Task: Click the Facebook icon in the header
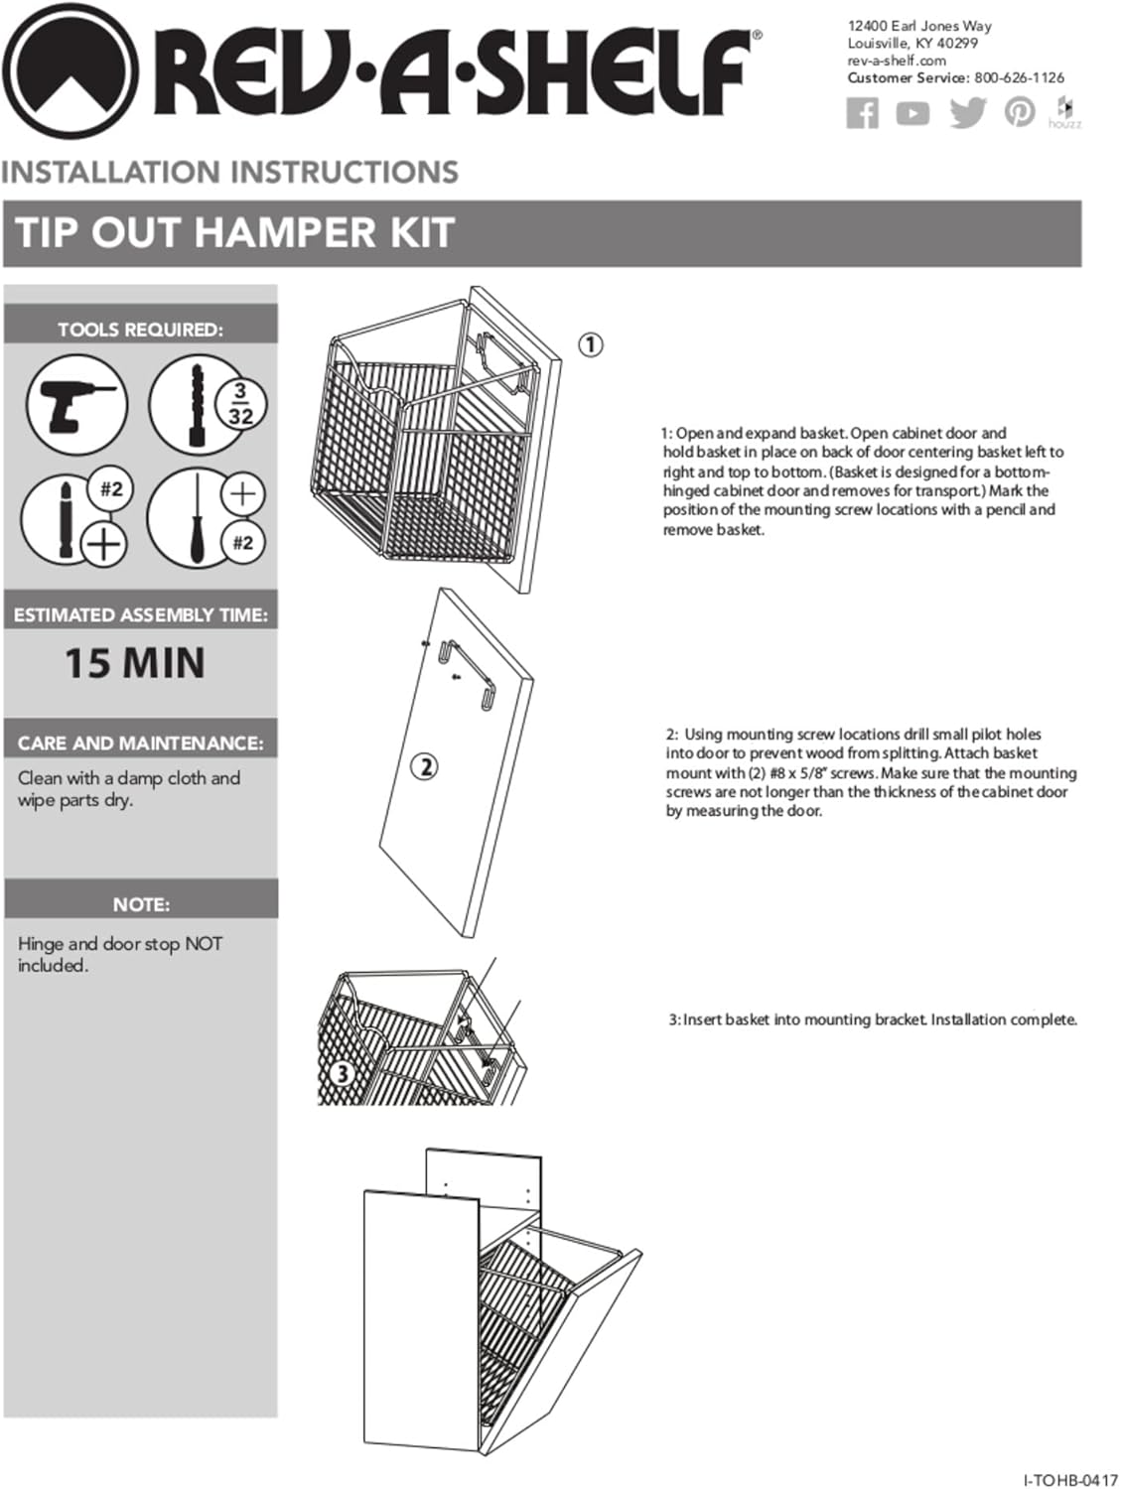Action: pyautogui.click(x=862, y=113)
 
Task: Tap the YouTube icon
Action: pyautogui.click(x=912, y=113)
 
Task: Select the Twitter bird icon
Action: pyautogui.click(x=967, y=113)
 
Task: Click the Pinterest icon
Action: pyautogui.click(x=1019, y=112)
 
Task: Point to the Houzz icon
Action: pyautogui.click(x=1064, y=112)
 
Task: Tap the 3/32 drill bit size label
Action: pyautogui.click(x=240, y=404)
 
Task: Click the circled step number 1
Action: pyautogui.click(x=591, y=344)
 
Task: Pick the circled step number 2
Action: pyautogui.click(x=425, y=766)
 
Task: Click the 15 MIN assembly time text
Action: pyautogui.click(x=135, y=663)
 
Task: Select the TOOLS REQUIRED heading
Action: pyautogui.click(x=140, y=330)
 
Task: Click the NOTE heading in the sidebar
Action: pyautogui.click(x=141, y=904)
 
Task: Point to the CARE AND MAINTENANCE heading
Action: pyautogui.click(x=140, y=743)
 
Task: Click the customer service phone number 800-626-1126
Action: pyautogui.click(x=1019, y=77)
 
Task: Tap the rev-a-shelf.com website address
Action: pyautogui.click(x=897, y=61)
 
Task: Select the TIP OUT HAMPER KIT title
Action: pyautogui.click(x=234, y=233)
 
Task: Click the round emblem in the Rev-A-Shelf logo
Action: pyautogui.click(x=70, y=72)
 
